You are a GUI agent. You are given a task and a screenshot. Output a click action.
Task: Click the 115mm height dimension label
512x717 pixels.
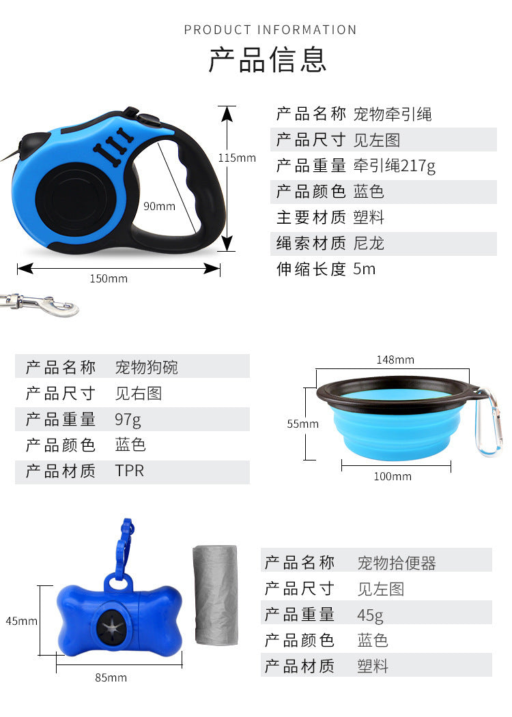coord(237,158)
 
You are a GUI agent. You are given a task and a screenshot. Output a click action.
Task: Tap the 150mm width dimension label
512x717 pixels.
coord(109,278)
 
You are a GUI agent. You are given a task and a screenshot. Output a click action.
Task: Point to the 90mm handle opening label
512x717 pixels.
coord(159,206)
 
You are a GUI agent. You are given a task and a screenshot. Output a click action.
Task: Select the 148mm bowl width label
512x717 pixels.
coord(395,360)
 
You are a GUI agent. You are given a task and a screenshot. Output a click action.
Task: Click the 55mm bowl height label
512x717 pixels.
coord(302,424)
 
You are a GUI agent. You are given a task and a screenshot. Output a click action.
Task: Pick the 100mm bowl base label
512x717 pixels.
coord(393,476)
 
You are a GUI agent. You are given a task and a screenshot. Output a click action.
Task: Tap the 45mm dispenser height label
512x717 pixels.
coord(22,621)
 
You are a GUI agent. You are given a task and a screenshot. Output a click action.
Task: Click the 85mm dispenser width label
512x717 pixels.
coord(111,677)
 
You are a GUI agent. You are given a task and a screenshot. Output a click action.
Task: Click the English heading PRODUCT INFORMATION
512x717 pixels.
coord(270,30)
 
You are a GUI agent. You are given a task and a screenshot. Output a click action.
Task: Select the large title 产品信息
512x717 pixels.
coord(268,60)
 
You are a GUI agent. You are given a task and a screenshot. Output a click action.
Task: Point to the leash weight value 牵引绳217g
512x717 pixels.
coord(394,166)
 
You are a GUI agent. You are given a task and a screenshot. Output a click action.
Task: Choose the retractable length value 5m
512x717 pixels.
coord(365,269)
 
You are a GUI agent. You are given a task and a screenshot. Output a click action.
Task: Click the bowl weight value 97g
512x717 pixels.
coord(128,420)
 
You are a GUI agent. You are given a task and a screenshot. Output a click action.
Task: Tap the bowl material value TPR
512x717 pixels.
coord(130,471)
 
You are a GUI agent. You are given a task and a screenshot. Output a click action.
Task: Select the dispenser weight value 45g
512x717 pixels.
coord(370,615)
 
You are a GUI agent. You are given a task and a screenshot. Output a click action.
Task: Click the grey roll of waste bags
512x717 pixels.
coord(216,595)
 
